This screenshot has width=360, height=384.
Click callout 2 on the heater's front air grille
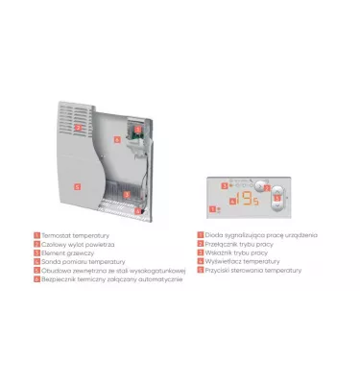pos(79,127)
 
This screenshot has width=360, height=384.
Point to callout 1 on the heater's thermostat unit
pos(137,128)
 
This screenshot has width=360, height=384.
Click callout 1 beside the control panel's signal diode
pos(218,205)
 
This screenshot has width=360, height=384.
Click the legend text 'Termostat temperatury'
pos(69,234)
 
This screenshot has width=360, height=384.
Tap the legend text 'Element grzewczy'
pos(63,252)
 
